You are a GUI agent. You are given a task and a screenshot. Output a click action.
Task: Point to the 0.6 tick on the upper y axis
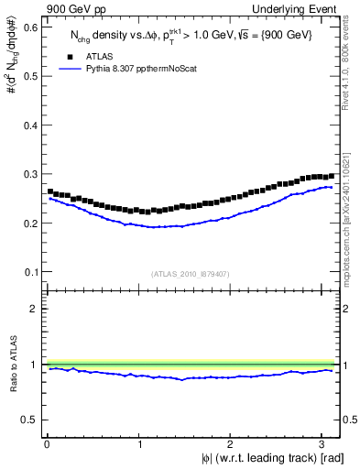(30, 27)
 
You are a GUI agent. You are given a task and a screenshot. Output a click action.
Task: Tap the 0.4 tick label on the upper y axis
(30, 125)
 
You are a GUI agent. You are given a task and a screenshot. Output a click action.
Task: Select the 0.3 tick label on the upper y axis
(30, 174)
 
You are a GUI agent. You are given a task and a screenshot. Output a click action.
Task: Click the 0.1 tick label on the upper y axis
(30, 272)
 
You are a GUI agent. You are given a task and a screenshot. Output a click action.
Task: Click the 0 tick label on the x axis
(48, 443)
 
